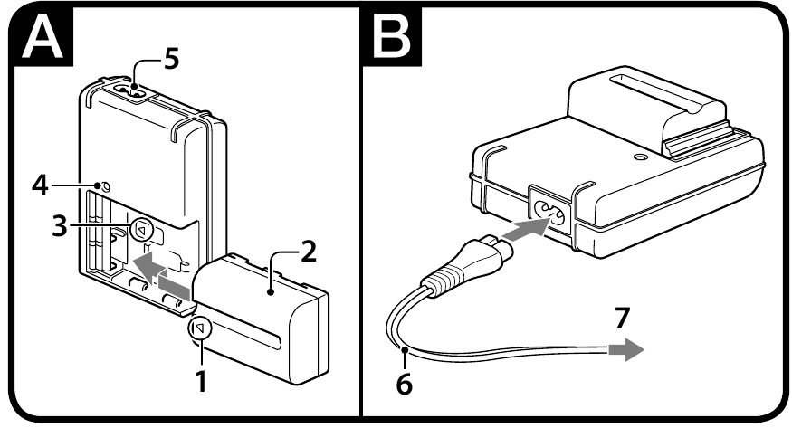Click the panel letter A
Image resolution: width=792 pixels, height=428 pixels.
[x=43, y=35]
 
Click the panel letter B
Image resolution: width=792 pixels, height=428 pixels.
[x=392, y=35]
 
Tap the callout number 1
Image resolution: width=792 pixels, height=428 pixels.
[x=201, y=382]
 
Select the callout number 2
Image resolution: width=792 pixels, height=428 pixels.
[x=308, y=252]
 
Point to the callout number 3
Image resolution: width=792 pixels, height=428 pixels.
[x=60, y=226]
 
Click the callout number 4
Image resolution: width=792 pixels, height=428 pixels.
[x=40, y=185]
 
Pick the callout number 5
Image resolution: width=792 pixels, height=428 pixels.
[x=172, y=59]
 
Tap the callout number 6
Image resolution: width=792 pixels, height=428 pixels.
[x=404, y=384]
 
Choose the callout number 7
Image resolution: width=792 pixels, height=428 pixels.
[x=623, y=318]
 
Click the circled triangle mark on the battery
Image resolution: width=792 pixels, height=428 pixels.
[x=199, y=329]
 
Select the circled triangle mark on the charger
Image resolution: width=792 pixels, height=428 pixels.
[x=141, y=231]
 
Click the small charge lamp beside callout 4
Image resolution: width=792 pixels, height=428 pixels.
[x=105, y=186]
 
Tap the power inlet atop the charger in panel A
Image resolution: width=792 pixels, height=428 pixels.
[x=130, y=92]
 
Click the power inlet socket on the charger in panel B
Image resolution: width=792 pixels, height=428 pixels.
[x=549, y=211]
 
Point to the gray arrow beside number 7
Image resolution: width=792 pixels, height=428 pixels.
[x=625, y=350]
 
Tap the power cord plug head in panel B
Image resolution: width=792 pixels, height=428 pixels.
[x=464, y=266]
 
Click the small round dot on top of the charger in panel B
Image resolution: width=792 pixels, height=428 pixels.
[x=642, y=158]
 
